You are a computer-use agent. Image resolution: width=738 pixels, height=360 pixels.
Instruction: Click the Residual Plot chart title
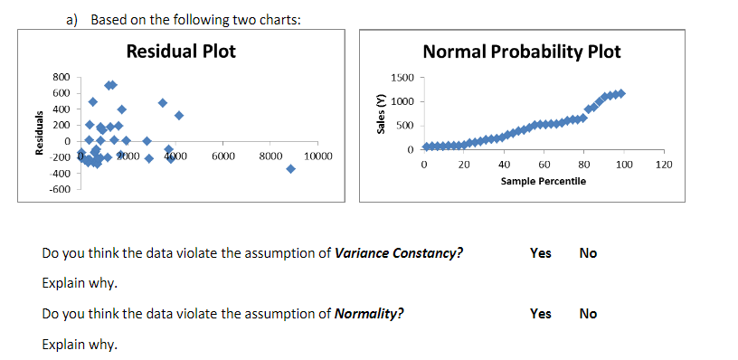click(181, 52)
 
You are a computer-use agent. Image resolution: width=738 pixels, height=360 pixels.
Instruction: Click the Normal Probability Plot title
click(522, 52)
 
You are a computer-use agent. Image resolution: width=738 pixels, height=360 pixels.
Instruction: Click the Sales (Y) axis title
click(381, 113)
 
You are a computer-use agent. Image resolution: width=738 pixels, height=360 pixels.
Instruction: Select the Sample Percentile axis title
click(543, 181)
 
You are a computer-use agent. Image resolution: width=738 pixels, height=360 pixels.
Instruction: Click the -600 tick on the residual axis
click(60, 188)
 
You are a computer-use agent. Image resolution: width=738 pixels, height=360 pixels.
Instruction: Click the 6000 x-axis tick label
click(223, 156)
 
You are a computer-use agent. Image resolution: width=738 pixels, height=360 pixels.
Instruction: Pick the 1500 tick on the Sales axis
click(402, 79)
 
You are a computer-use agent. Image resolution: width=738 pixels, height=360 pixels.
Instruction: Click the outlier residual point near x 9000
click(290, 169)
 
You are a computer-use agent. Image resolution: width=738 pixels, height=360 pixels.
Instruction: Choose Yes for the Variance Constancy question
click(540, 253)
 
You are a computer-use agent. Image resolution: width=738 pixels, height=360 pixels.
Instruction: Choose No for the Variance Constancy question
click(588, 253)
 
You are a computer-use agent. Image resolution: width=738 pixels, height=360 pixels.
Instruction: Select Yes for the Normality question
click(540, 314)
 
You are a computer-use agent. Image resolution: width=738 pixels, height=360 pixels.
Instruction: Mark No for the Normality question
click(588, 314)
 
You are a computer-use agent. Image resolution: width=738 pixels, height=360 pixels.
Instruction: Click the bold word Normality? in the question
click(369, 315)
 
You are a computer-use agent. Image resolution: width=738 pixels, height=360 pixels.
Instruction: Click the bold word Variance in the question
click(361, 253)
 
